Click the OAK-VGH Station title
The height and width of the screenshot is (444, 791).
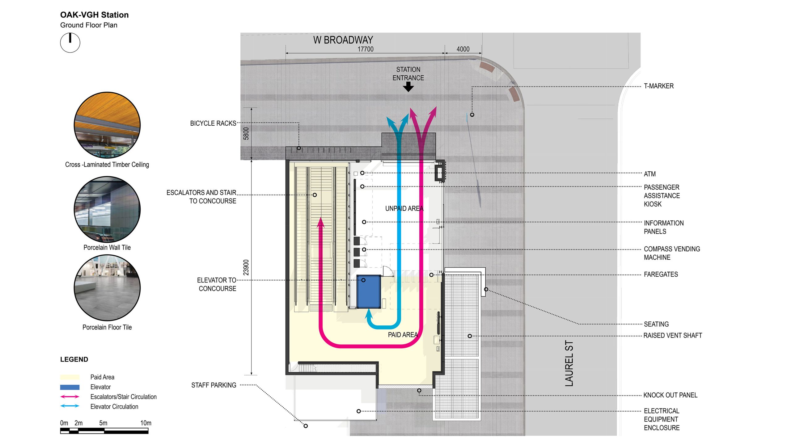coord(94,15)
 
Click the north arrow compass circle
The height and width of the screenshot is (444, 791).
coord(70,43)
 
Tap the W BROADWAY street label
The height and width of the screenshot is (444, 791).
coord(343,40)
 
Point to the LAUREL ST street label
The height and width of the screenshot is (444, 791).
coord(569,363)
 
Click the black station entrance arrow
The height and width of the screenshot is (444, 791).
coord(408,87)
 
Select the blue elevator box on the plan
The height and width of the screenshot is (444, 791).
coord(368,292)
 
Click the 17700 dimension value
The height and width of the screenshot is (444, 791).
coord(366,49)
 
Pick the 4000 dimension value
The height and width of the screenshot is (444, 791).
coord(463,49)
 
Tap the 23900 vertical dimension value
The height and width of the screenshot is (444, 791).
coord(246,267)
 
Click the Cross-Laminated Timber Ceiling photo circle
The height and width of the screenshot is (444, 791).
coord(107,125)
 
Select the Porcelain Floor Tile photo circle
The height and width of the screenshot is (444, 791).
coord(107,287)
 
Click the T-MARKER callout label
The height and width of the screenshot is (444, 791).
coord(658,86)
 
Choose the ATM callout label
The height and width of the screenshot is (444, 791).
coord(649,174)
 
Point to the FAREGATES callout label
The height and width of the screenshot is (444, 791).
coord(661,274)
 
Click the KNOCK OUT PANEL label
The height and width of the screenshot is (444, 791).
coord(670,395)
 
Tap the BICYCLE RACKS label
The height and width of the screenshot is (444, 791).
coord(213,124)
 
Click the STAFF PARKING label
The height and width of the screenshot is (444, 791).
coord(214,385)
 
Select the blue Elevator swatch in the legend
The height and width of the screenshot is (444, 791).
coord(70,387)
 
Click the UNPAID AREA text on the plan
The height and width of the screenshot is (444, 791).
coord(404,209)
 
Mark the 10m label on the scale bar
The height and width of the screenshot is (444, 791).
coord(146,423)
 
